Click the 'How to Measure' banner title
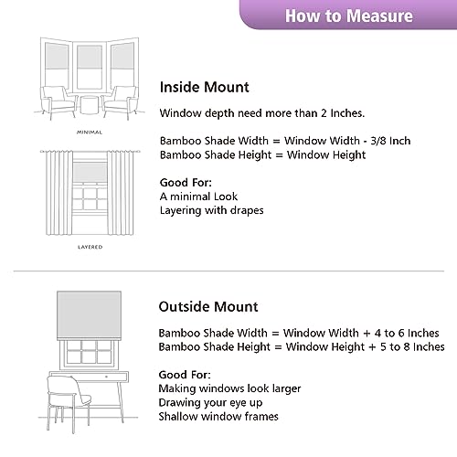click(348, 16)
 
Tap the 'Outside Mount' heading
click(209, 306)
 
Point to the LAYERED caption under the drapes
click(89, 247)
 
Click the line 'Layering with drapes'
click(212, 210)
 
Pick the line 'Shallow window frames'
click(217, 416)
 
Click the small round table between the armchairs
click(89, 103)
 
